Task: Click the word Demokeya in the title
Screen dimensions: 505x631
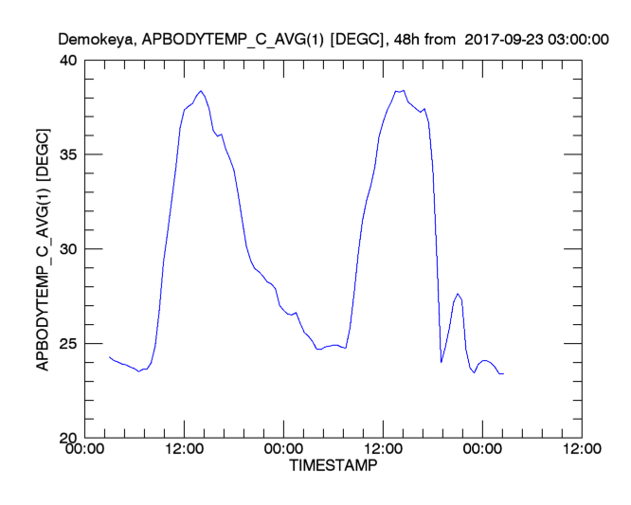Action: tap(92, 40)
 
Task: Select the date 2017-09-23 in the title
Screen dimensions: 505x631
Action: tap(507, 40)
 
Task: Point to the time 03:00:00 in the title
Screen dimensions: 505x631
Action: tap(580, 40)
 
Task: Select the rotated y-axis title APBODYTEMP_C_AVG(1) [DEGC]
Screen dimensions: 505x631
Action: tap(43, 248)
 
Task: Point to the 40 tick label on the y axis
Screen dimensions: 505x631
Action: tap(69, 60)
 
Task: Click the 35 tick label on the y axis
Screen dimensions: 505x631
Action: tap(69, 154)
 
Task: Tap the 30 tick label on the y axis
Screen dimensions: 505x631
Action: tap(69, 249)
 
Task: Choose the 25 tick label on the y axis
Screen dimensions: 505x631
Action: tap(69, 343)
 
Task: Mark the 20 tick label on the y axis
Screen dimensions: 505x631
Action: tap(69, 438)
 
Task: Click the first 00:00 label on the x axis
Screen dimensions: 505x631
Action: tap(85, 451)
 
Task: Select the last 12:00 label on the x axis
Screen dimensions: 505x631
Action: tap(580, 451)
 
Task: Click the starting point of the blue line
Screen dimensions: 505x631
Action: tap(110, 357)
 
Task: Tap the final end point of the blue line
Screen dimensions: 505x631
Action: tap(503, 374)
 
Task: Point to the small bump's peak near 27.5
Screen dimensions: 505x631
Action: tap(458, 294)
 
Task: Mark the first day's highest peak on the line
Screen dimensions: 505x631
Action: tap(201, 91)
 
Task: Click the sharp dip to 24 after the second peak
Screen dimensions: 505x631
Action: tap(442, 362)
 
